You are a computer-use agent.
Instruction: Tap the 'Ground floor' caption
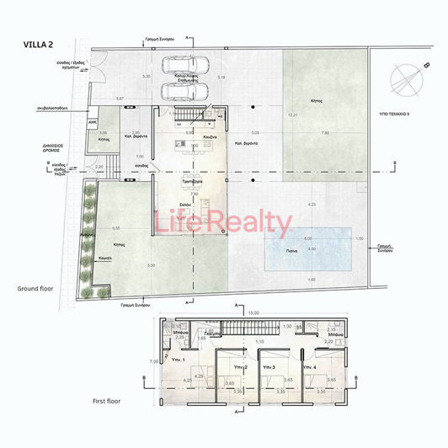36,289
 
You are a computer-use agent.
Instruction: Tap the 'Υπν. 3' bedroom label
268,368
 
